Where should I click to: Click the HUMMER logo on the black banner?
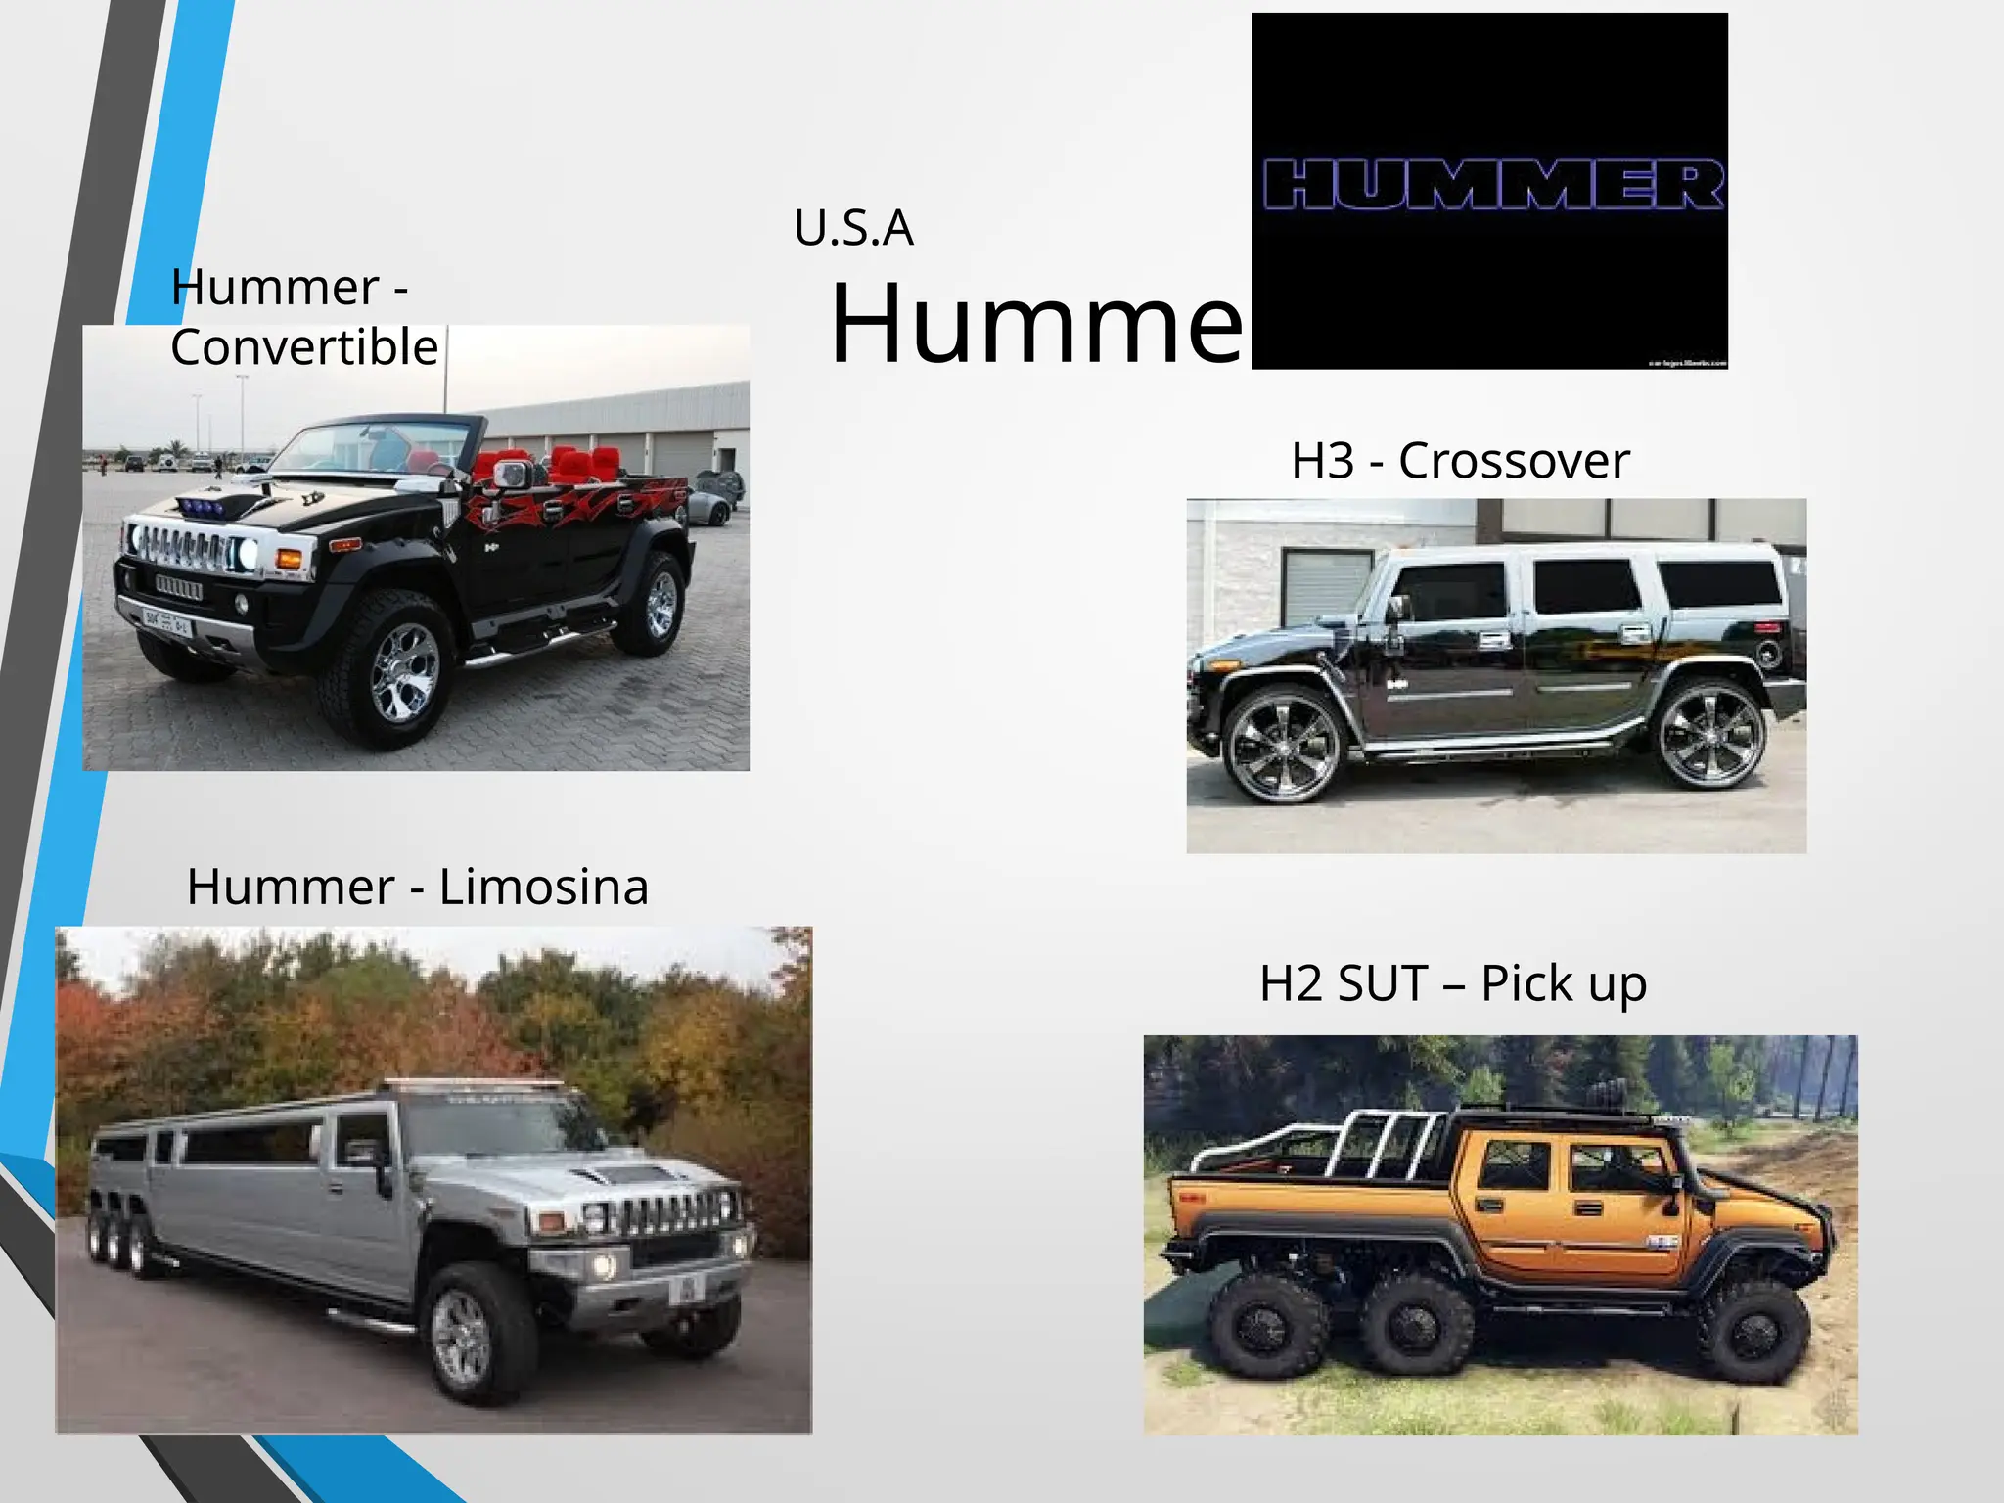1491,186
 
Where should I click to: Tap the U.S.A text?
853,229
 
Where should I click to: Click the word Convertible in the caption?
304,348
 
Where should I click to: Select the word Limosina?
543,888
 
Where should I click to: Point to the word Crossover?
1514,461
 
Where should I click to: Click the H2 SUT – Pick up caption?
1453,983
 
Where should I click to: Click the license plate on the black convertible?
167,620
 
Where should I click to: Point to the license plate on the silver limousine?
686,1290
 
